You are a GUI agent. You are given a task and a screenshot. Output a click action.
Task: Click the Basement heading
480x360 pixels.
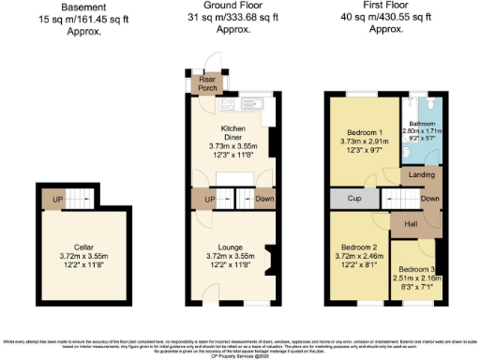coord(83,7)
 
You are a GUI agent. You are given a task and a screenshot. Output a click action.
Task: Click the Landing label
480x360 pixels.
coord(422,175)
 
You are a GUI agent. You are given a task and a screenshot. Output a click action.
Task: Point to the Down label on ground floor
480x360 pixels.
coord(264,199)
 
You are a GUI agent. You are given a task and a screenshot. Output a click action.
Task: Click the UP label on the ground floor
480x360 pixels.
coord(209,199)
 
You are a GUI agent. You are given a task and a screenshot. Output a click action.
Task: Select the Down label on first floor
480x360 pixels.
coord(430,199)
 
